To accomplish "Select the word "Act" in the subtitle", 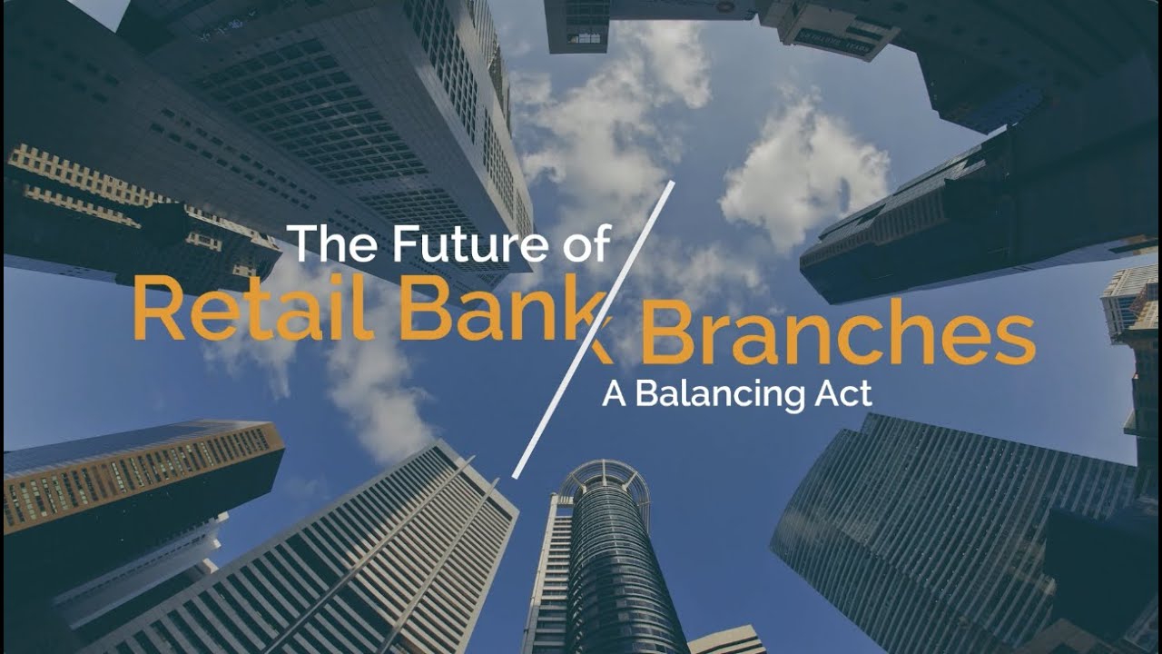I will point(847,394).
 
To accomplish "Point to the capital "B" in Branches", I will point(666,335).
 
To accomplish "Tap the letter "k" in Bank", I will point(591,309).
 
